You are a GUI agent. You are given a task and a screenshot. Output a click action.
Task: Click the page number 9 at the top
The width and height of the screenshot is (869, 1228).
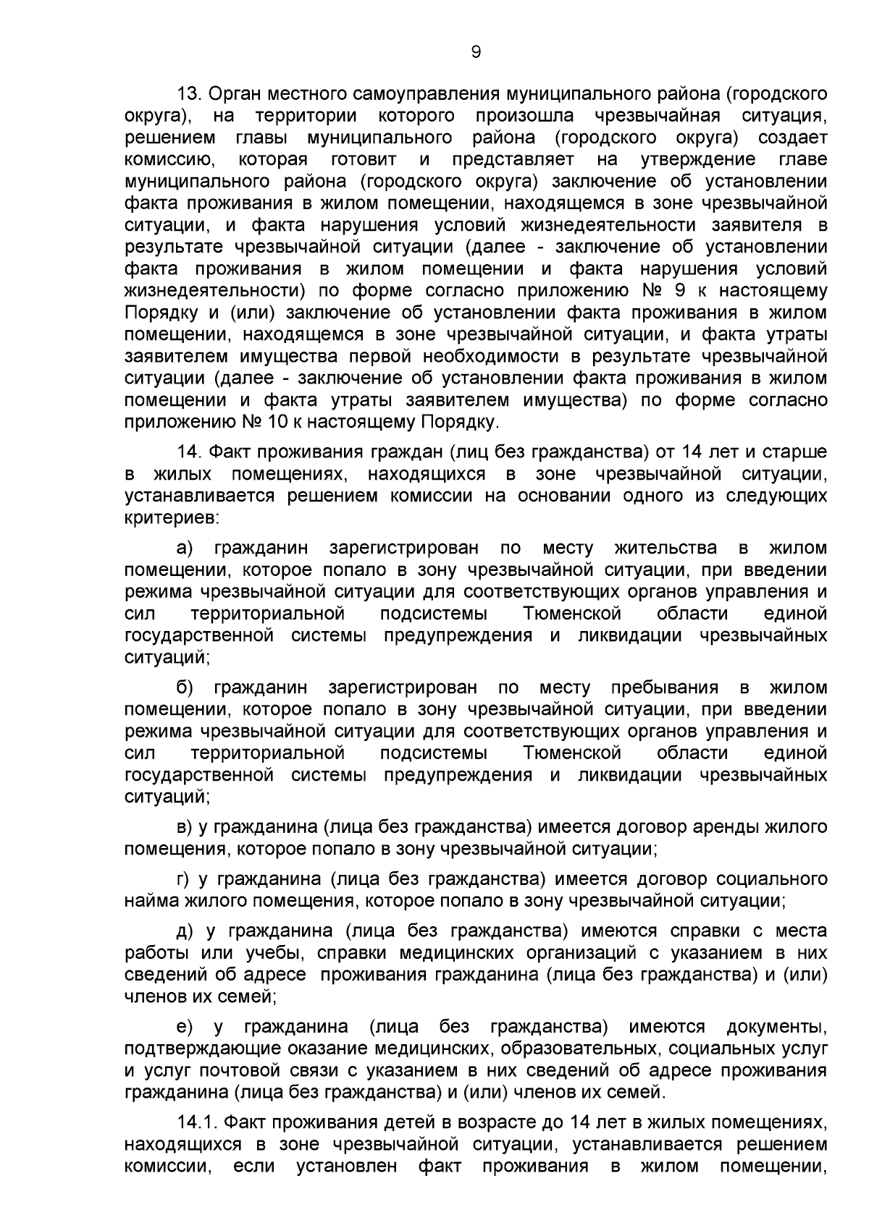tap(476, 51)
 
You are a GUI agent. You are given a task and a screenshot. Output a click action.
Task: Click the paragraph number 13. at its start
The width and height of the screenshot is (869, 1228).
tap(193, 93)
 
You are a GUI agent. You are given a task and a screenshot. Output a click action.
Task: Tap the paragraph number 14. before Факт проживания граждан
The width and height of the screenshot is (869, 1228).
tap(193, 452)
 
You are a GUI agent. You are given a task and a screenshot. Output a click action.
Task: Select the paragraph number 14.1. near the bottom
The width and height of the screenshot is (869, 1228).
tap(198, 1143)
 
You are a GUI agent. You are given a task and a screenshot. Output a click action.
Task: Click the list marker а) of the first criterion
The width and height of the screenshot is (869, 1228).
tap(186, 548)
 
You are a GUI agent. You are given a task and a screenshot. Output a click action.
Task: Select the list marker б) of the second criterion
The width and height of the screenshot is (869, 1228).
tap(185, 687)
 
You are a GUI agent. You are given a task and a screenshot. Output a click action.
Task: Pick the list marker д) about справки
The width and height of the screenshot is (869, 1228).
tap(185, 931)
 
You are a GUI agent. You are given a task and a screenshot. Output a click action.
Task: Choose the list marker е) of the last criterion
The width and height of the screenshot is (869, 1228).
tap(185, 1027)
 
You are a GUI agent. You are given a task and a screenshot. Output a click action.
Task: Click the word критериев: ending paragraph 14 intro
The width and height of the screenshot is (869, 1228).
tap(170, 518)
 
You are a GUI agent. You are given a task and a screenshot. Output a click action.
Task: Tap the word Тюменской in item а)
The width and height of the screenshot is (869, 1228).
tap(572, 614)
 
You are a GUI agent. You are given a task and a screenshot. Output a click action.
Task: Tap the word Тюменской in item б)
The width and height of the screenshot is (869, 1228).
tap(572, 753)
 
